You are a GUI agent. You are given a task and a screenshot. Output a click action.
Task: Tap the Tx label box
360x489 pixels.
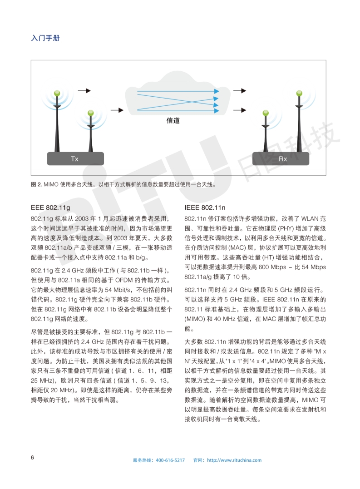75,159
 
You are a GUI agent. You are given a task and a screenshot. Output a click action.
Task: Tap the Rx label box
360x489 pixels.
282,159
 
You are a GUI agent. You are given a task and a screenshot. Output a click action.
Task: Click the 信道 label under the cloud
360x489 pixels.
173,121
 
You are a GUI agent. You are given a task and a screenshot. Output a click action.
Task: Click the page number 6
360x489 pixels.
32,457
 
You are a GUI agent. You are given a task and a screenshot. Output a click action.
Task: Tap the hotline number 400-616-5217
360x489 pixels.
170,460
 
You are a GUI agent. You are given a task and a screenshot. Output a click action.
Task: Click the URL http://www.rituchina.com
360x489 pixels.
234,460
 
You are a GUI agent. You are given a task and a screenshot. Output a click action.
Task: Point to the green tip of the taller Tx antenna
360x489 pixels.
57,93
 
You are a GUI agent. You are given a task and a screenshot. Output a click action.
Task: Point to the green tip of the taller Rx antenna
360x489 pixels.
299,94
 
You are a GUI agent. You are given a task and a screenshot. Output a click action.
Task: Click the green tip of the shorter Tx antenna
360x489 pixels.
90,112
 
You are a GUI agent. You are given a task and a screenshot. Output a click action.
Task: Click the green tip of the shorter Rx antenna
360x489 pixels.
265,113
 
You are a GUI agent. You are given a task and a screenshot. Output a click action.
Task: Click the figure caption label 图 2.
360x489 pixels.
36,184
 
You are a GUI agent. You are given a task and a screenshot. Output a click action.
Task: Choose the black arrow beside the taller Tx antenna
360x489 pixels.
84,91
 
